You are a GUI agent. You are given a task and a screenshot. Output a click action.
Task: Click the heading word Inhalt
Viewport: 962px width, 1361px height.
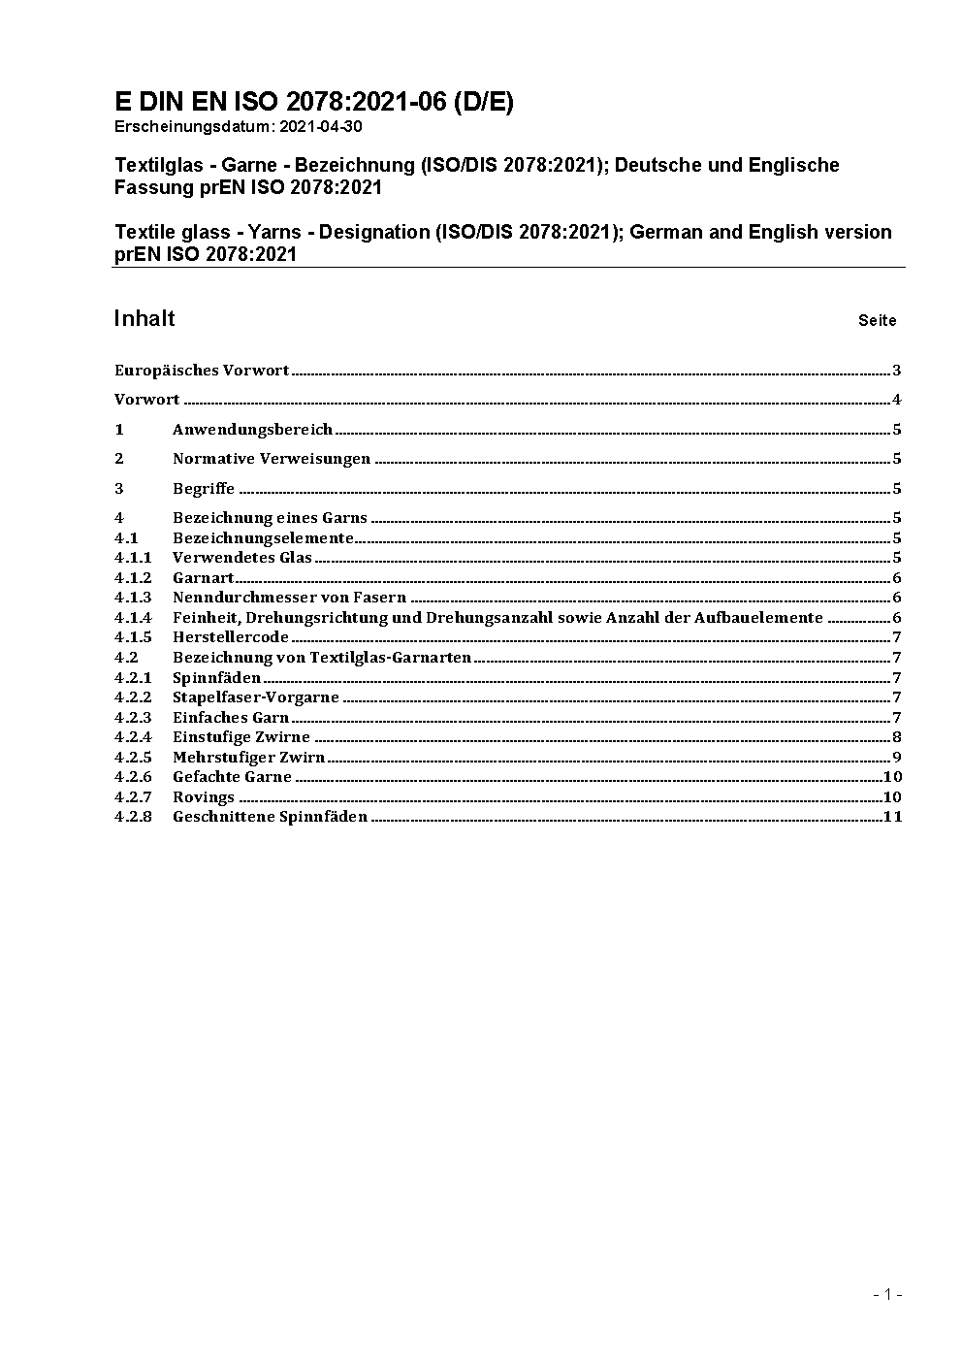(144, 319)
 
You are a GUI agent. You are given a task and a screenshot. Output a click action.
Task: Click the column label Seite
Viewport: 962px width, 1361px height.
(877, 321)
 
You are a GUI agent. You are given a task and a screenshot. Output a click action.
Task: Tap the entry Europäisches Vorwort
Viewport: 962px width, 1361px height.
(202, 371)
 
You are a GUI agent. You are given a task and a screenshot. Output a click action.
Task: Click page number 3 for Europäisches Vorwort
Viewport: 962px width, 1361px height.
(897, 371)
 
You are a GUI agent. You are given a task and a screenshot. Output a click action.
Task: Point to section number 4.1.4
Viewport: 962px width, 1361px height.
(133, 618)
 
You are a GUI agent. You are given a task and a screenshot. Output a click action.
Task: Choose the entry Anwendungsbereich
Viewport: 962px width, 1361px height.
(252, 430)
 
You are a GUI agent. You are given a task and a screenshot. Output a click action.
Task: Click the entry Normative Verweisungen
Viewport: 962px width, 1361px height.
(272, 459)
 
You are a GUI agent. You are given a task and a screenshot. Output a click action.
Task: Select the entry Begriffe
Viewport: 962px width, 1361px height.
(204, 489)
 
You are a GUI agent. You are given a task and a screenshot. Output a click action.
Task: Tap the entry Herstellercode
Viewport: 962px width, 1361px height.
(231, 637)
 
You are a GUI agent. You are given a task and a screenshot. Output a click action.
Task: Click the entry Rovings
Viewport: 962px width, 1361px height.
(204, 797)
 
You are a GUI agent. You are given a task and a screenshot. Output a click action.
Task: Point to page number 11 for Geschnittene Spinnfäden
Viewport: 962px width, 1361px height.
(892, 817)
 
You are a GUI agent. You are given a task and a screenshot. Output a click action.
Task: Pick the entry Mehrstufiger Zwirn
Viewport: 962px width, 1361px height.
(248, 758)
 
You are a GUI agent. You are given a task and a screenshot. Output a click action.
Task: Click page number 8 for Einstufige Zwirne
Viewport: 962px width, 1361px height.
(897, 737)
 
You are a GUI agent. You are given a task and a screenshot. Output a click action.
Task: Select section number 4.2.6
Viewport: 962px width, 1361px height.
(133, 777)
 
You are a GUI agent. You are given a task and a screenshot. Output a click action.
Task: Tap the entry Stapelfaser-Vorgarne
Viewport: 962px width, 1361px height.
(256, 697)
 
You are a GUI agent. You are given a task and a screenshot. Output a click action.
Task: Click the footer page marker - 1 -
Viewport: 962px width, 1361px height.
(887, 1294)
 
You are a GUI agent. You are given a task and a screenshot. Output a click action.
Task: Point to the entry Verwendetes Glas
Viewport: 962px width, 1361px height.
(242, 558)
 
